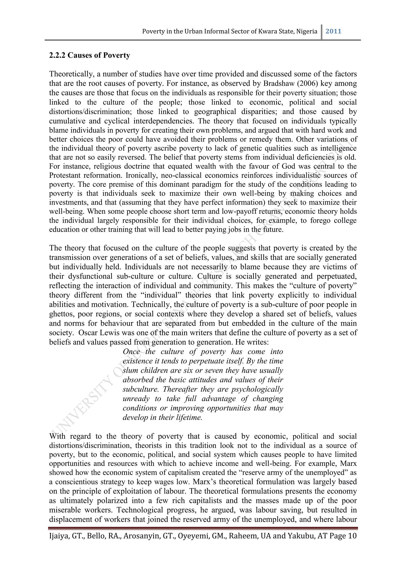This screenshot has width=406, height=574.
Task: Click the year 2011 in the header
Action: point(333,31)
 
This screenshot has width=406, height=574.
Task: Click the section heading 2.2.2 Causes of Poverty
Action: point(89,55)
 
